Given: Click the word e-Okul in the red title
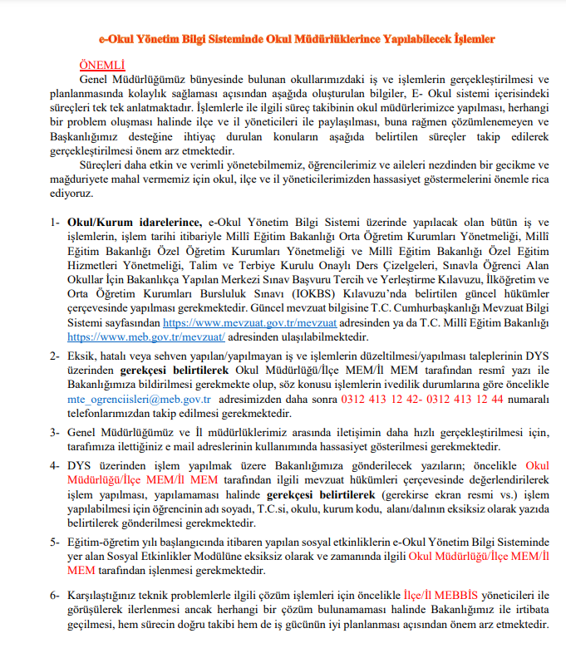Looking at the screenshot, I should (116, 38).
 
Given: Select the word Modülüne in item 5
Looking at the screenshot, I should (235, 557).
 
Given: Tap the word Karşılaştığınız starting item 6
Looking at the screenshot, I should (107, 597).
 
